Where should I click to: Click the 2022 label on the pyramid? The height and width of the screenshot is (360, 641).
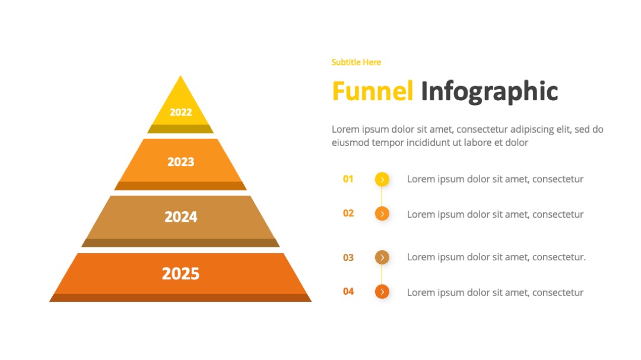(x=180, y=112)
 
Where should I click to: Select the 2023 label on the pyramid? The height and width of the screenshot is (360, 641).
(x=180, y=162)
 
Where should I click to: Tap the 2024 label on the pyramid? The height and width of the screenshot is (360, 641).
(x=180, y=216)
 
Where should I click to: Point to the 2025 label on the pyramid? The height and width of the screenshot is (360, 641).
(x=180, y=273)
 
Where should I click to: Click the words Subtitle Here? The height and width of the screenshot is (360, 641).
(x=356, y=62)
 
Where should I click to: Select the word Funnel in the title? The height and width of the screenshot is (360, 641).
(x=372, y=91)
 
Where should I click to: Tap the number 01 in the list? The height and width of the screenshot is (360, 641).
(x=348, y=179)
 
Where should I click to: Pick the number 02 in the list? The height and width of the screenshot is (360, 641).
(x=348, y=214)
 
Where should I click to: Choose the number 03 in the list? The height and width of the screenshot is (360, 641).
(x=348, y=257)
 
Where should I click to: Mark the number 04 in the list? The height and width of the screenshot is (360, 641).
(x=348, y=291)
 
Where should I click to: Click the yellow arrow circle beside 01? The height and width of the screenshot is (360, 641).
(x=382, y=179)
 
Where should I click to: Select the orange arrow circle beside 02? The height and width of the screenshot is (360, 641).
(x=382, y=214)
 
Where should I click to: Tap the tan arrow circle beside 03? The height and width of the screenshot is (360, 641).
(x=382, y=257)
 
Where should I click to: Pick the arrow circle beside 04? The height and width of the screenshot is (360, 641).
(x=382, y=292)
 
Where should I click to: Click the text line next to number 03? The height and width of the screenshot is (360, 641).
(x=496, y=257)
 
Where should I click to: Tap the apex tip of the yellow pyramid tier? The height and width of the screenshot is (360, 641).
(x=180, y=75)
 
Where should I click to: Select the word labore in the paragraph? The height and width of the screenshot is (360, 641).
(x=477, y=142)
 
